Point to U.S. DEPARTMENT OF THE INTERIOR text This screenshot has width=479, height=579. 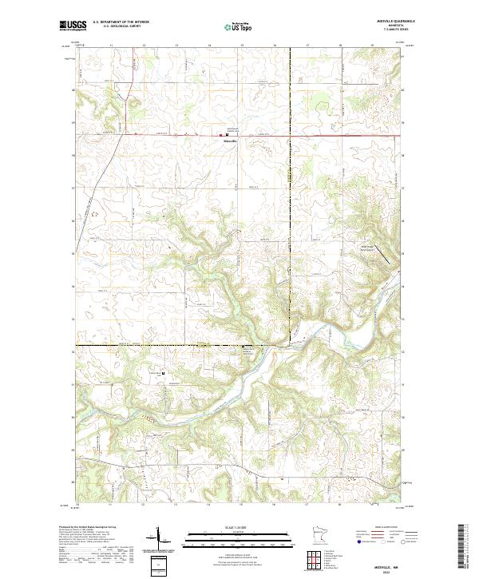(x=118, y=23)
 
